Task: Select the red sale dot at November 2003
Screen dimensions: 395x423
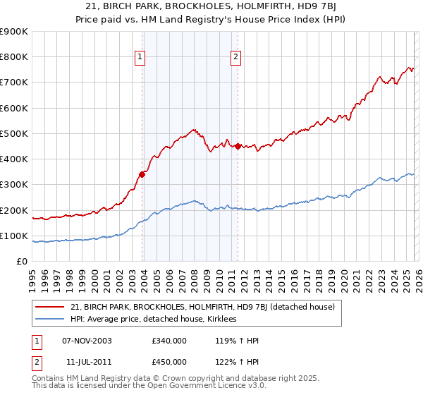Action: (142, 174)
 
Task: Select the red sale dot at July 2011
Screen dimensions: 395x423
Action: (238, 146)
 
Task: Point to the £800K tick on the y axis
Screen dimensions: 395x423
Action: (15, 57)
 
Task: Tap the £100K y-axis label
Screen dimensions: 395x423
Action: (15, 236)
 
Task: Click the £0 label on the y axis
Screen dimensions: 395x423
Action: (22, 262)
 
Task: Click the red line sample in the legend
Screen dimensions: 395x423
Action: (50, 307)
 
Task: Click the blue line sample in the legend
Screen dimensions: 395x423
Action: (50, 320)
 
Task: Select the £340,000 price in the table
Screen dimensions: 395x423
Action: (169, 341)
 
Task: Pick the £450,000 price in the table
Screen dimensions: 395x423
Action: (169, 362)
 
